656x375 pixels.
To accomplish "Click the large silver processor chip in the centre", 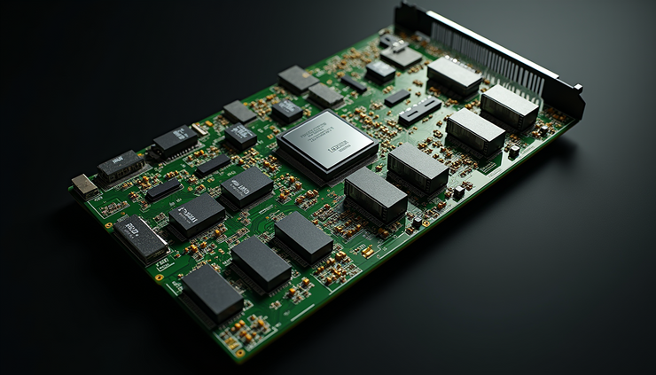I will (326, 142).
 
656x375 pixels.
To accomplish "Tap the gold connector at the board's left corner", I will (84, 185).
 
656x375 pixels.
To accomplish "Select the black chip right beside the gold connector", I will (119, 165).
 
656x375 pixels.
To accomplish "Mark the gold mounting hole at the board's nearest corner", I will (238, 352).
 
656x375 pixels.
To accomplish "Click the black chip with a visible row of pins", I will (175, 141).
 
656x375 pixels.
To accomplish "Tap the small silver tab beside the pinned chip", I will (200, 129).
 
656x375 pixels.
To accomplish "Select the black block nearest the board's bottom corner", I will (213, 293).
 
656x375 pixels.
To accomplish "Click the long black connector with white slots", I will (419, 110).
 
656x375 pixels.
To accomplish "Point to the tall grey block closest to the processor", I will (375, 192).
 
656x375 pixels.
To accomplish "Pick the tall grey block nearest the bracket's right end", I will (509, 105).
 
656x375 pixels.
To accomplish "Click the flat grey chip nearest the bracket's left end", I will (402, 56).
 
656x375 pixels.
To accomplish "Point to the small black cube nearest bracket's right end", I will (513, 151).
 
